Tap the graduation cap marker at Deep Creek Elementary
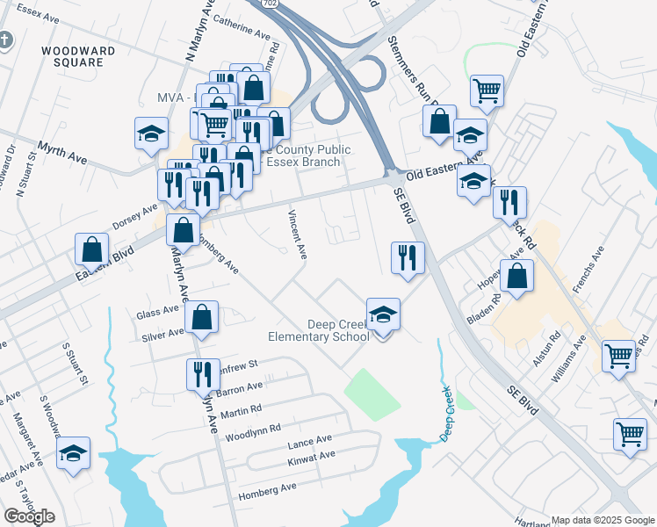383,314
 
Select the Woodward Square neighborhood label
78,57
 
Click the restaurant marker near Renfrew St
203,374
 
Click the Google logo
30,516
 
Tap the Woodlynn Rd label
253,430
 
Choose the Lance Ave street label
310,439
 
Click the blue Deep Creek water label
445,414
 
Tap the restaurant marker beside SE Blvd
407,257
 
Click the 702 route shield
268,4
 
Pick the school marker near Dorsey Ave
151,134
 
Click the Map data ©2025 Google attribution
603,520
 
